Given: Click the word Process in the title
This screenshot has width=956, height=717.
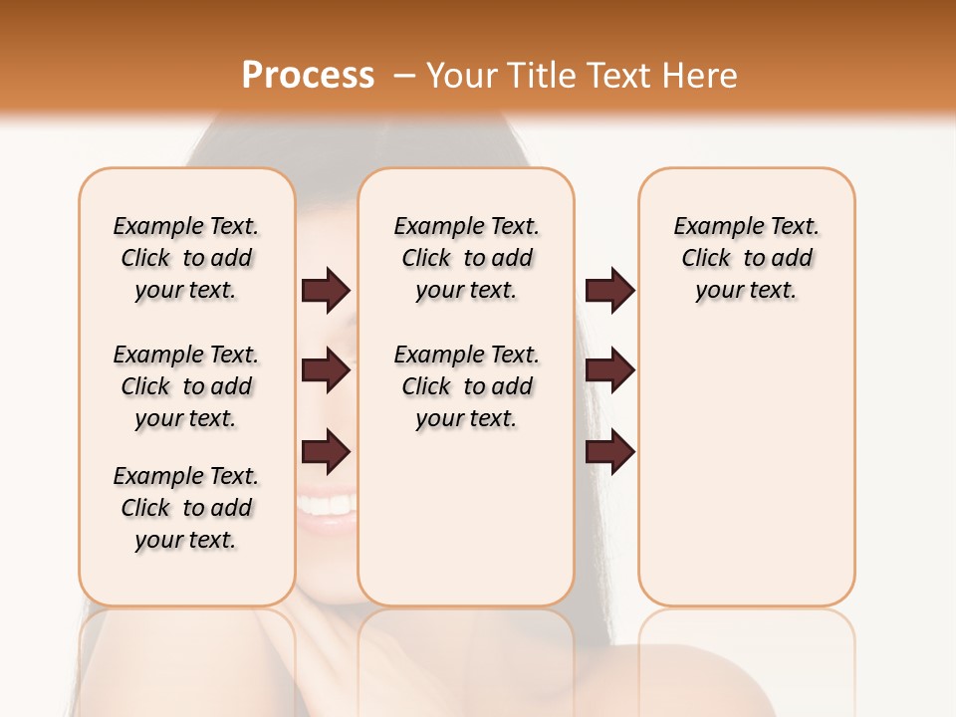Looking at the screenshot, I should [x=308, y=76].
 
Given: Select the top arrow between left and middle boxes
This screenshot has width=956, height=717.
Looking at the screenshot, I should [x=326, y=290].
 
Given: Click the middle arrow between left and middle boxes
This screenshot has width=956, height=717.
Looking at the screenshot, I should [x=326, y=370].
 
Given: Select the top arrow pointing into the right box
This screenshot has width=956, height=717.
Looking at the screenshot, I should [x=609, y=290].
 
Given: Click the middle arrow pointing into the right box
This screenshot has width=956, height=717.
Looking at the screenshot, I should [x=609, y=370].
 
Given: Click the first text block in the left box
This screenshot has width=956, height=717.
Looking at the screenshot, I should [x=186, y=258].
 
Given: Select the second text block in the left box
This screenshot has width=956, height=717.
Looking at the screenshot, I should [x=186, y=386].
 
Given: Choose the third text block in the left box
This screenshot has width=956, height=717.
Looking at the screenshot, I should [x=186, y=508].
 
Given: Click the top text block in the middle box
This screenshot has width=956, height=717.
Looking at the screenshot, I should [x=466, y=258].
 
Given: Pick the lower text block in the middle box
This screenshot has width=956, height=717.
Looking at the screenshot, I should [x=466, y=386].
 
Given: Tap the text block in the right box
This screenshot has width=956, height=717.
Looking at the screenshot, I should [x=746, y=258].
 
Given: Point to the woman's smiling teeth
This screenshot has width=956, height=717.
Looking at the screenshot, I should [x=327, y=506].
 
